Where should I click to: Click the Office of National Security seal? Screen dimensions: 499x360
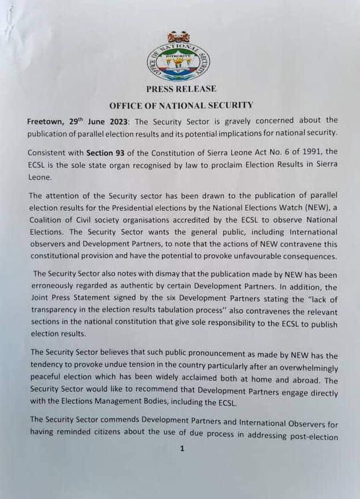click(182, 57)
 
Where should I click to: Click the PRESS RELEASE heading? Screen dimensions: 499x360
click(181, 89)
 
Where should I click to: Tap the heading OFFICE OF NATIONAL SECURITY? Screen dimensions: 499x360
click(181, 105)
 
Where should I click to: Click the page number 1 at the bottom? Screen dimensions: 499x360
click(182, 449)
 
